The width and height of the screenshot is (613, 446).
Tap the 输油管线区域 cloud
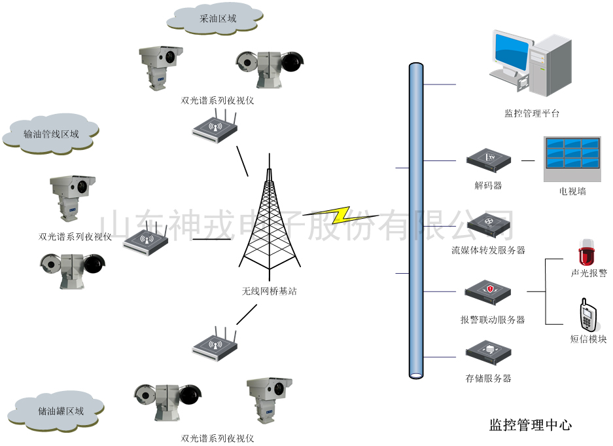coord(51,134)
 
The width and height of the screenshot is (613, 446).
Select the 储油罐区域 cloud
coord(60,411)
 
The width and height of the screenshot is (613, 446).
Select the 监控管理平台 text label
coord(532,113)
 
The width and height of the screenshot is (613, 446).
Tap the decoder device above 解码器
coord(488,160)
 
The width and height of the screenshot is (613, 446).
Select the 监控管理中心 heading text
coord(530,425)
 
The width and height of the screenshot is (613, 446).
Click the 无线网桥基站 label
coord(269,291)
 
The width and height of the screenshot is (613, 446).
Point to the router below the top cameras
coord(215,126)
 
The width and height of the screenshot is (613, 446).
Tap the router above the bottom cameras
coord(215,342)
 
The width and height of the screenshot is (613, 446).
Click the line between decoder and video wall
coord(528,160)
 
